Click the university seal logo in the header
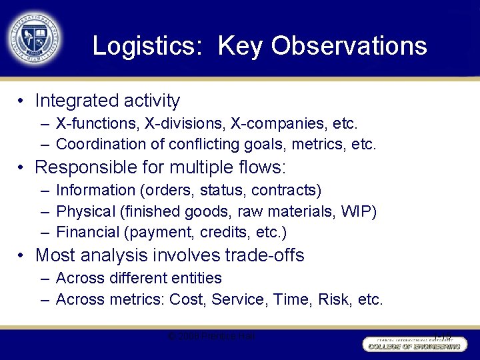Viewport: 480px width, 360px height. [35, 38]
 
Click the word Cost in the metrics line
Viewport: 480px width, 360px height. [187, 299]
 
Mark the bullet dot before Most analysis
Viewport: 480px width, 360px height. [22, 256]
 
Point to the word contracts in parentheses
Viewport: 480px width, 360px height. [286, 191]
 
